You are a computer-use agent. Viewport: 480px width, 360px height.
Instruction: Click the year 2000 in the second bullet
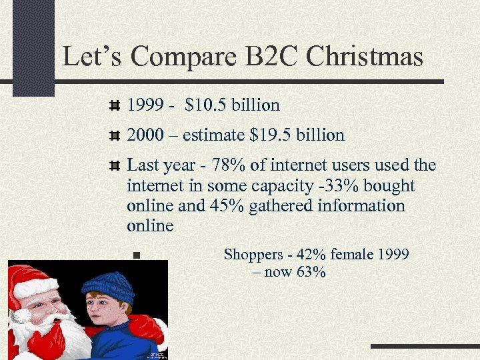coord(144,135)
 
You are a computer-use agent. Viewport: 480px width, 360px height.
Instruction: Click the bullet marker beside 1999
coord(115,105)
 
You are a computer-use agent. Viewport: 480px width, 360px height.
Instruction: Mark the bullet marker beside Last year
coord(115,165)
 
